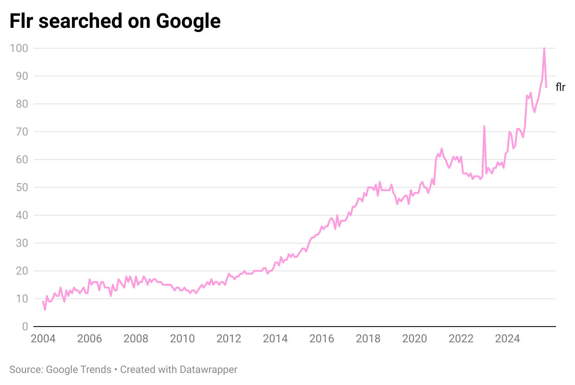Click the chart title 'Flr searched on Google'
point(115,21)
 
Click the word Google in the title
point(188,21)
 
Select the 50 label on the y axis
point(22,187)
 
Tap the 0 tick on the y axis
point(25,327)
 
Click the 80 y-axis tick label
point(22,104)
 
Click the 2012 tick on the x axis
point(229,339)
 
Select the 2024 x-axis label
point(507,339)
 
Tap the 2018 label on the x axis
point(368,339)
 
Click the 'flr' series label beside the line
point(560,87)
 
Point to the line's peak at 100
point(544,49)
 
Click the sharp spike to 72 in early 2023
point(484,126)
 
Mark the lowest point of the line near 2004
point(45,309)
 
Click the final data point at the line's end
point(546,87)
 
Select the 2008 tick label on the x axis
point(136,339)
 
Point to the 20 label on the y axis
point(22,271)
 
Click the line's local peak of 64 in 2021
point(441,148)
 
